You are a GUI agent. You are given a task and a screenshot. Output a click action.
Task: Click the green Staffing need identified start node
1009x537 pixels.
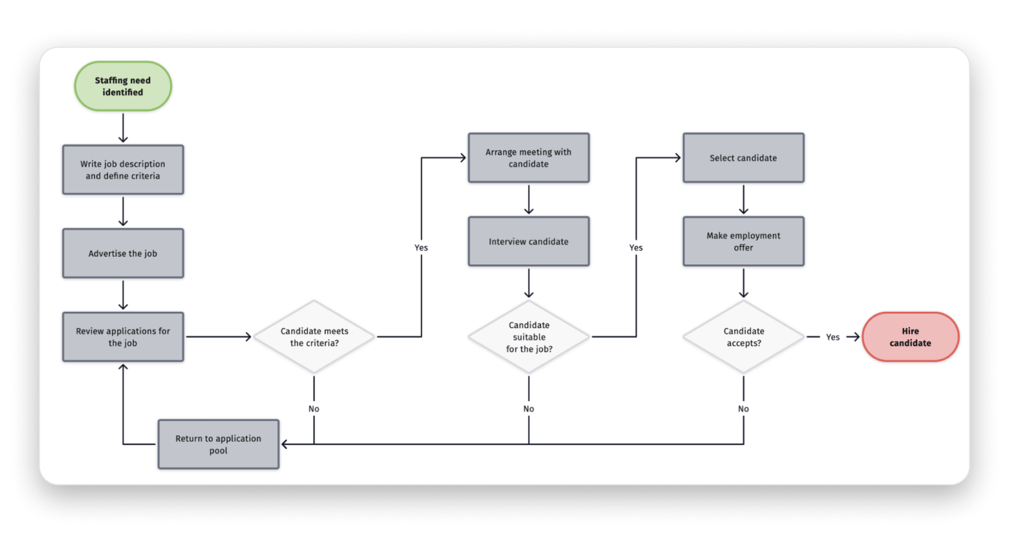(123, 86)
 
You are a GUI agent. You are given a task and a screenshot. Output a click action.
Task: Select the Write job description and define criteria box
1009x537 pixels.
(123, 170)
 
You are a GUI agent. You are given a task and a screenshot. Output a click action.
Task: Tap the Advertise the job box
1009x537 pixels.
(123, 254)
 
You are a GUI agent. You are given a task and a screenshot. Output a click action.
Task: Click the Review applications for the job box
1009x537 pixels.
(123, 337)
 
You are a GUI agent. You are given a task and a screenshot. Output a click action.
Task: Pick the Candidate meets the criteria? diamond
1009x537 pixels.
(314, 337)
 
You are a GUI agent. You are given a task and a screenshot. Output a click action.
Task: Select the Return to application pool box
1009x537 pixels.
(219, 444)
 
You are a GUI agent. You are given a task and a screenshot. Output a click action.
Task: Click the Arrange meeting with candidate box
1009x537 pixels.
(528, 158)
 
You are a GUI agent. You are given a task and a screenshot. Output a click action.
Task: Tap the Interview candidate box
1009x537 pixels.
(528, 241)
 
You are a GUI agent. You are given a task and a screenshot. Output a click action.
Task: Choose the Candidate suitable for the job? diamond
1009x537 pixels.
(529, 337)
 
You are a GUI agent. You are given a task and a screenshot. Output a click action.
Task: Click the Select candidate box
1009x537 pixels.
(743, 158)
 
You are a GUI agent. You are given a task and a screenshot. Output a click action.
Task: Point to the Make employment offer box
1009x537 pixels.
(743, 241)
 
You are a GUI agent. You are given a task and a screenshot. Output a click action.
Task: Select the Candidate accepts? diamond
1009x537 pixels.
(744, 337)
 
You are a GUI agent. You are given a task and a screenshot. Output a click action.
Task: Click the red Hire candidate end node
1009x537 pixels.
(910, 337)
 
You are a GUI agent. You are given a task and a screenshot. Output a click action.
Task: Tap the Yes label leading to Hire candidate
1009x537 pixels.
(832, 337)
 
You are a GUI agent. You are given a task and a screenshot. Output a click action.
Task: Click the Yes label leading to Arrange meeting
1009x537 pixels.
(421, 248)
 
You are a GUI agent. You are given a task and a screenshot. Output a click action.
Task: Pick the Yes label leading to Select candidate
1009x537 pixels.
(636, 248)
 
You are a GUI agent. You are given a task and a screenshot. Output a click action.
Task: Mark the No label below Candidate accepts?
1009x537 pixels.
(743, 409)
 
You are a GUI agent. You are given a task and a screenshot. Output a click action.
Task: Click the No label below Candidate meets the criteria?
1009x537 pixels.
(314, 409)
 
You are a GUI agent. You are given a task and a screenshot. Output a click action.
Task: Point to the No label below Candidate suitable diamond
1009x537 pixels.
(528, 409)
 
